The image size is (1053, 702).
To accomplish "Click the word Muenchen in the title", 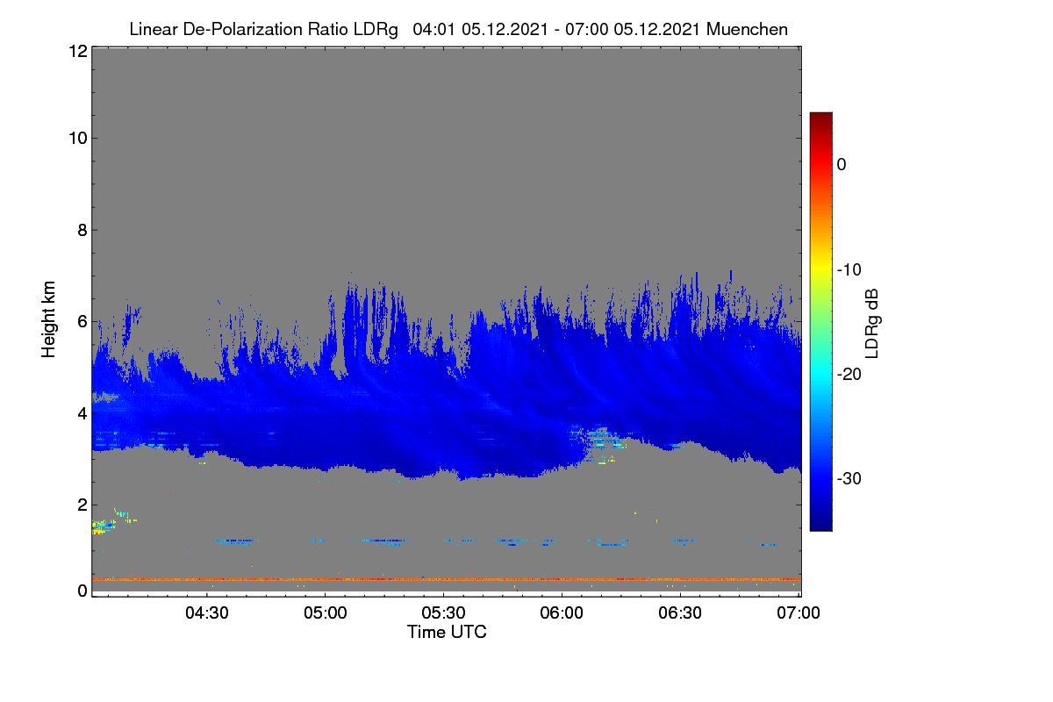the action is coord(747,30).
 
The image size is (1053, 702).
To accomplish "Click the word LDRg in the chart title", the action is coord(376,30).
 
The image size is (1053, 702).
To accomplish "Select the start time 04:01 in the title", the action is coord(433,30).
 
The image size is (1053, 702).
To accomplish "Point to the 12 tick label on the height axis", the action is coord(78,51).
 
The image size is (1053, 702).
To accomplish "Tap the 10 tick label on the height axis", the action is coord(78,139).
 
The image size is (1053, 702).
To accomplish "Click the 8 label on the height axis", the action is coord(82,230).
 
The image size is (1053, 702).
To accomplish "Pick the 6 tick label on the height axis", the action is coord(82,322).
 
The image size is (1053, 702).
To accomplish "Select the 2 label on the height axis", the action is coord(82,505).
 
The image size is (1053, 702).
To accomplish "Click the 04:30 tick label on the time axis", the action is coord(207,612).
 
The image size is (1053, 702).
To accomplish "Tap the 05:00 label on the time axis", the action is coord(326,612).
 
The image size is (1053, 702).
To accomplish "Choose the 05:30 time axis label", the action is coord(443,612).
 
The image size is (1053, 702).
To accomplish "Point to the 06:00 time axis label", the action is coord(562,612).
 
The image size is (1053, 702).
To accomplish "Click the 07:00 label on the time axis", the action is coord(799,612).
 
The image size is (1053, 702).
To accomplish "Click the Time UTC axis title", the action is coord(447,632).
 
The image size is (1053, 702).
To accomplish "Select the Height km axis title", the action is coord(48,319).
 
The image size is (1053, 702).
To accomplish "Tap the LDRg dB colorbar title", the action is coord(871,324).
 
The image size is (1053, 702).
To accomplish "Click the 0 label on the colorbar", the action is coord(842,165).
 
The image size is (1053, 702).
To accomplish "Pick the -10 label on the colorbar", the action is coord(849,270).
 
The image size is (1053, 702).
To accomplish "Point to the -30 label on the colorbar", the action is coord(849,478).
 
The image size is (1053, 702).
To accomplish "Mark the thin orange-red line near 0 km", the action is coord(447,579).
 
